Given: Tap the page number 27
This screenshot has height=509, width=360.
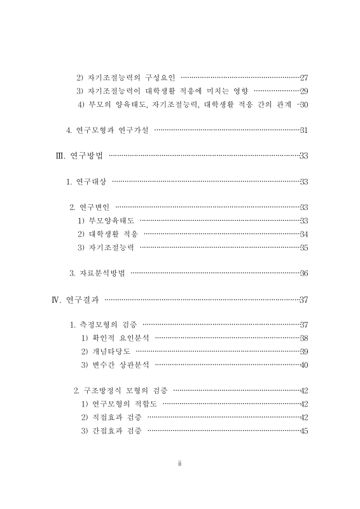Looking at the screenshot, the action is coord(303,77).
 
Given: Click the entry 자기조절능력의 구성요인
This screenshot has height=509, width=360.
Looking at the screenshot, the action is coord(125,77).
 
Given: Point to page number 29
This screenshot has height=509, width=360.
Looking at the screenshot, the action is coord(303,90).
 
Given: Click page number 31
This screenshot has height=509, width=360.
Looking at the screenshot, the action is coord(303,130).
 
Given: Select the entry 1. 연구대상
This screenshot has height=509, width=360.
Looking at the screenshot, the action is coord(87,182).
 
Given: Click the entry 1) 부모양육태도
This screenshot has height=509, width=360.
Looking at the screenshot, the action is coord(106,221).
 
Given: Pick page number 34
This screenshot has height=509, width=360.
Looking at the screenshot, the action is coord(303,234).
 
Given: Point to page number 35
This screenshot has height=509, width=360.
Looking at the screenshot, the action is coord(303,248).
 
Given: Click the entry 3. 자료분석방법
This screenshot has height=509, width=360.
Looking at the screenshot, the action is coord(97,274).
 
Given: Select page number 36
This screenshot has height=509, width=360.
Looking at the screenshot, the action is coord(303,274).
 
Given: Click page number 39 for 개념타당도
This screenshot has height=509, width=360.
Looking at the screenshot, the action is coord(303,351).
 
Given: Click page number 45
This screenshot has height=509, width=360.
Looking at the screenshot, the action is coord(303,431).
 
